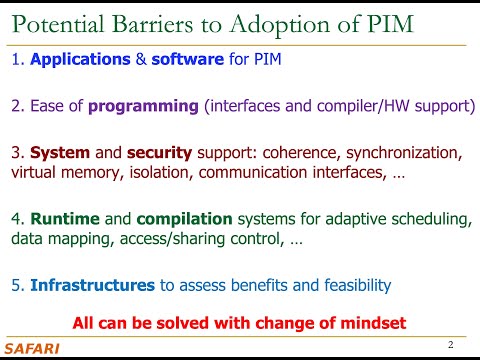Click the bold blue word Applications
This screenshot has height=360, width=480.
[80, 59]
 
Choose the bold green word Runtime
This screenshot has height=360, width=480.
[63, 219]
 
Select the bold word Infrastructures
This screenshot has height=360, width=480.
[92, 286]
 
